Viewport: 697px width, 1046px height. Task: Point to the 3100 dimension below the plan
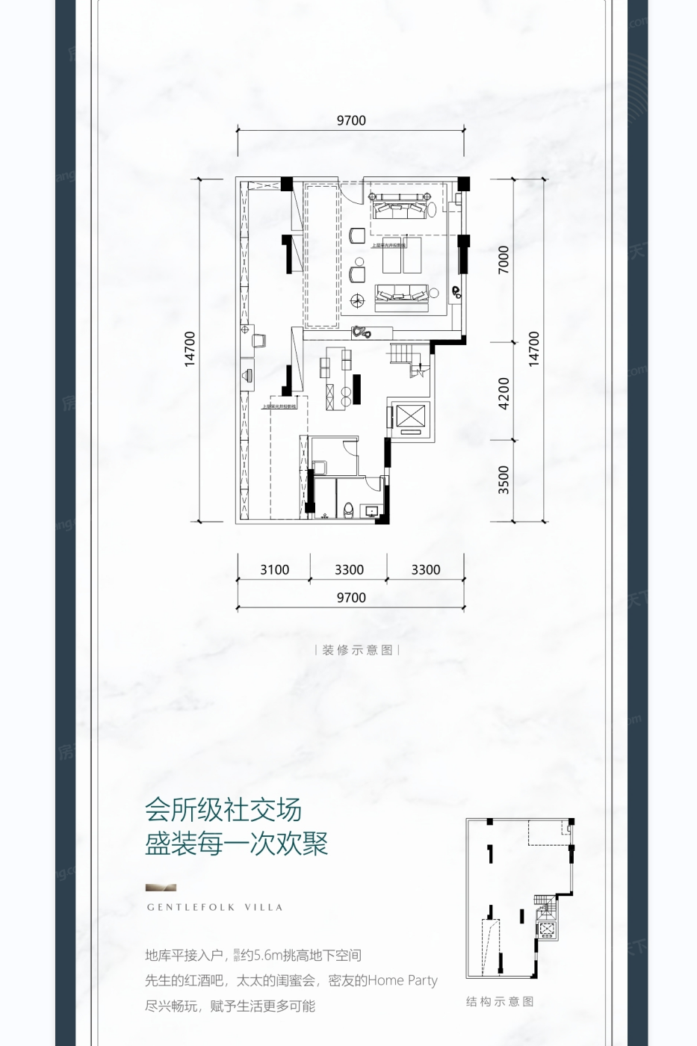(274, 569)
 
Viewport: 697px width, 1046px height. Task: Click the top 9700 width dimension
(351, 120)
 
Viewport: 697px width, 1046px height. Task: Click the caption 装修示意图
(357, 650)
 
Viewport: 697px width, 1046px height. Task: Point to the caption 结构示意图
(500, 1002)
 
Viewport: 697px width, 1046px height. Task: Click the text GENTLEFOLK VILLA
(215, 908)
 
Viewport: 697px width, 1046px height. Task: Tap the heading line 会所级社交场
(223, 810)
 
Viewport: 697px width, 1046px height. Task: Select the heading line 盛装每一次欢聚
(237, 845)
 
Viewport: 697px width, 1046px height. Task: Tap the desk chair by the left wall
(259, 340)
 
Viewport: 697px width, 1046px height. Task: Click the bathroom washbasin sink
(371, 512)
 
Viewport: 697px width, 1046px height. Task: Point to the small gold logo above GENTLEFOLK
(161, 888)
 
